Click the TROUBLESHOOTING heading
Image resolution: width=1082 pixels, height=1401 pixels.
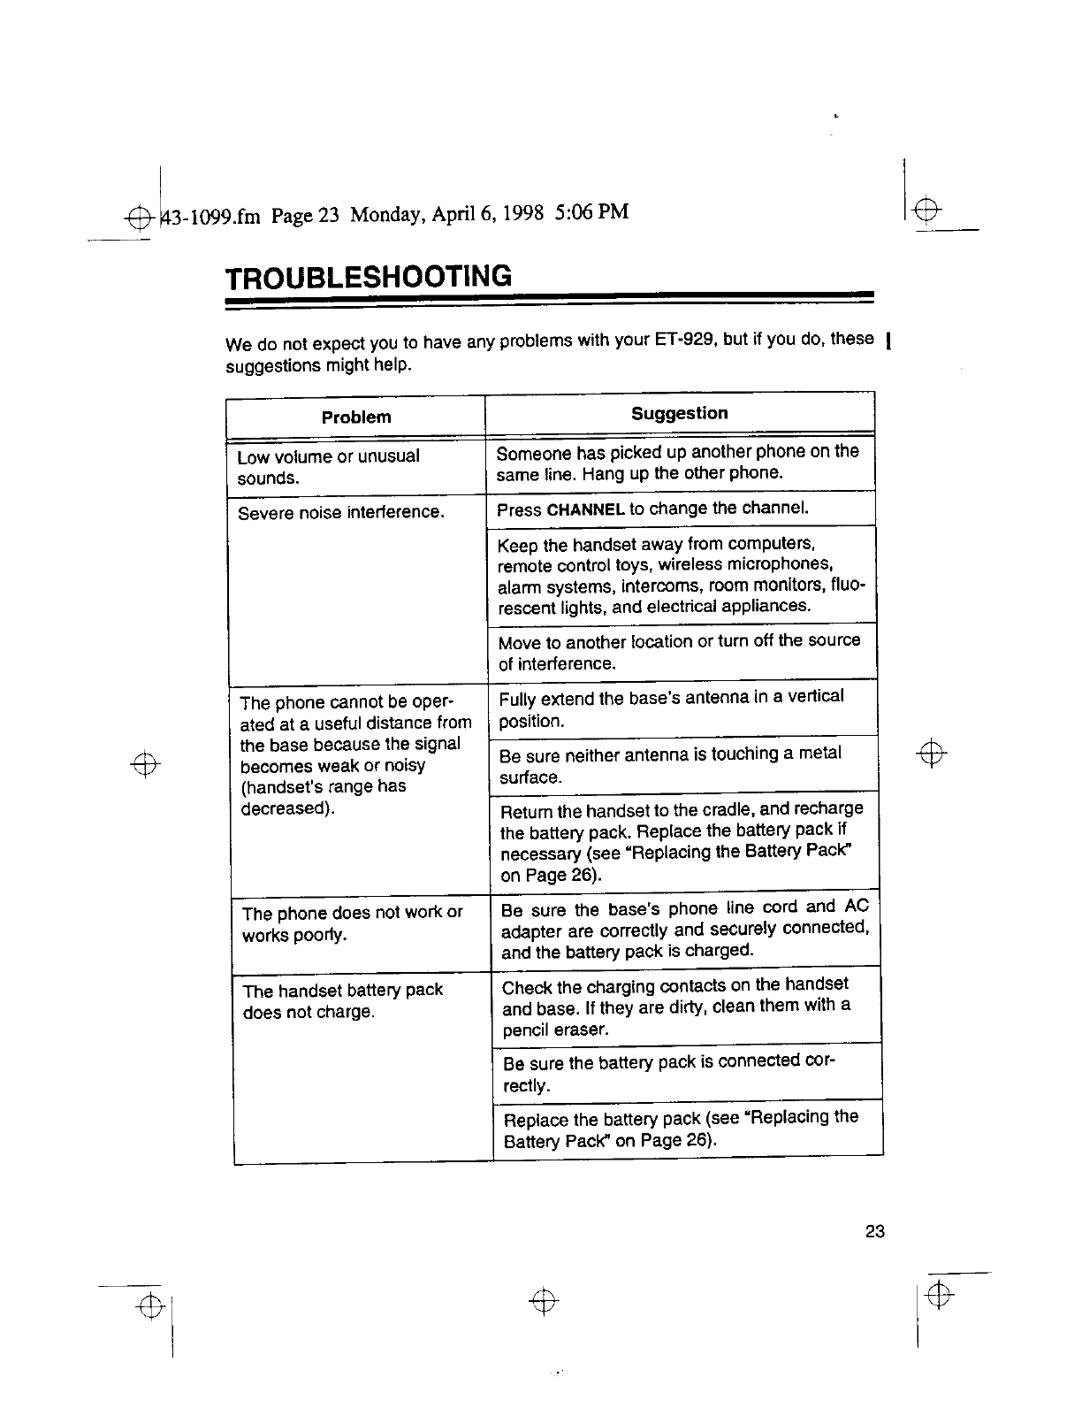[368, 277]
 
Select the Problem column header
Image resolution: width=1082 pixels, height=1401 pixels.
[356, 417]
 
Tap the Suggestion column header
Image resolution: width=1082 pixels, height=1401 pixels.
[680, 413]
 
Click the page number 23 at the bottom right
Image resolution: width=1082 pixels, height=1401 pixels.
[875, 1231]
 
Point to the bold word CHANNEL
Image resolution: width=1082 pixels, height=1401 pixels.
[586, 510]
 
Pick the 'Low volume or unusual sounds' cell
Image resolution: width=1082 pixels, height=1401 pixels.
[329, 467]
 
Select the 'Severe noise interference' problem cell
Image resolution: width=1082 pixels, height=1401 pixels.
[340, 513]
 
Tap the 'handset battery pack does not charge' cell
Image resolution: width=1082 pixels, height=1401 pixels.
[342, 1000]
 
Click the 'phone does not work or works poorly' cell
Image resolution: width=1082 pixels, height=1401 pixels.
[352, 923]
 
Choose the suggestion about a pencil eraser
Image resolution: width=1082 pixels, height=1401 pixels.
[676, 1007]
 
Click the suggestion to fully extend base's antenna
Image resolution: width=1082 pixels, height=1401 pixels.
[671, 708]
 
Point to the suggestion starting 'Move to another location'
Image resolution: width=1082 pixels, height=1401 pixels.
[679, 652]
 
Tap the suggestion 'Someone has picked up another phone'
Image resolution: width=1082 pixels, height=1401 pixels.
[677, 463]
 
